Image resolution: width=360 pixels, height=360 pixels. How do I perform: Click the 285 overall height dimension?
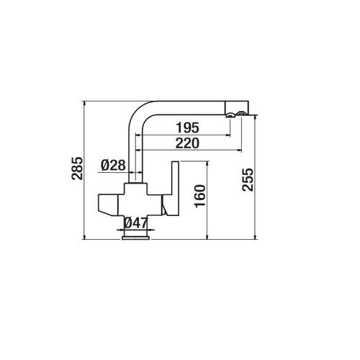click(77, 168)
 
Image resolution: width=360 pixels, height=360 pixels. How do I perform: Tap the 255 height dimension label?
click(248, 179)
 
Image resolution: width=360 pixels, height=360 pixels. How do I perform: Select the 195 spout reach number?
click(188, 127)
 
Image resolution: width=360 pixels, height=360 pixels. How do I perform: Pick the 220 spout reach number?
click(187, 143)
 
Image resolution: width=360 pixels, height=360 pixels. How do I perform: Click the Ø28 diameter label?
click(113, 165)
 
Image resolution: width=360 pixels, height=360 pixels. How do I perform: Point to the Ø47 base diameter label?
click(136, 224)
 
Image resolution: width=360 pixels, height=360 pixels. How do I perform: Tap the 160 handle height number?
click(200, 196)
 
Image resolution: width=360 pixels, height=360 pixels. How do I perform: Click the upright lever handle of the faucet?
click(175, 189)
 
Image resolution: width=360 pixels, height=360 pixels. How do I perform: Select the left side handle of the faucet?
click(108, 204)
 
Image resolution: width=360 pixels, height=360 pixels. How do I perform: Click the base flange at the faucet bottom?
click(136, 238)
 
